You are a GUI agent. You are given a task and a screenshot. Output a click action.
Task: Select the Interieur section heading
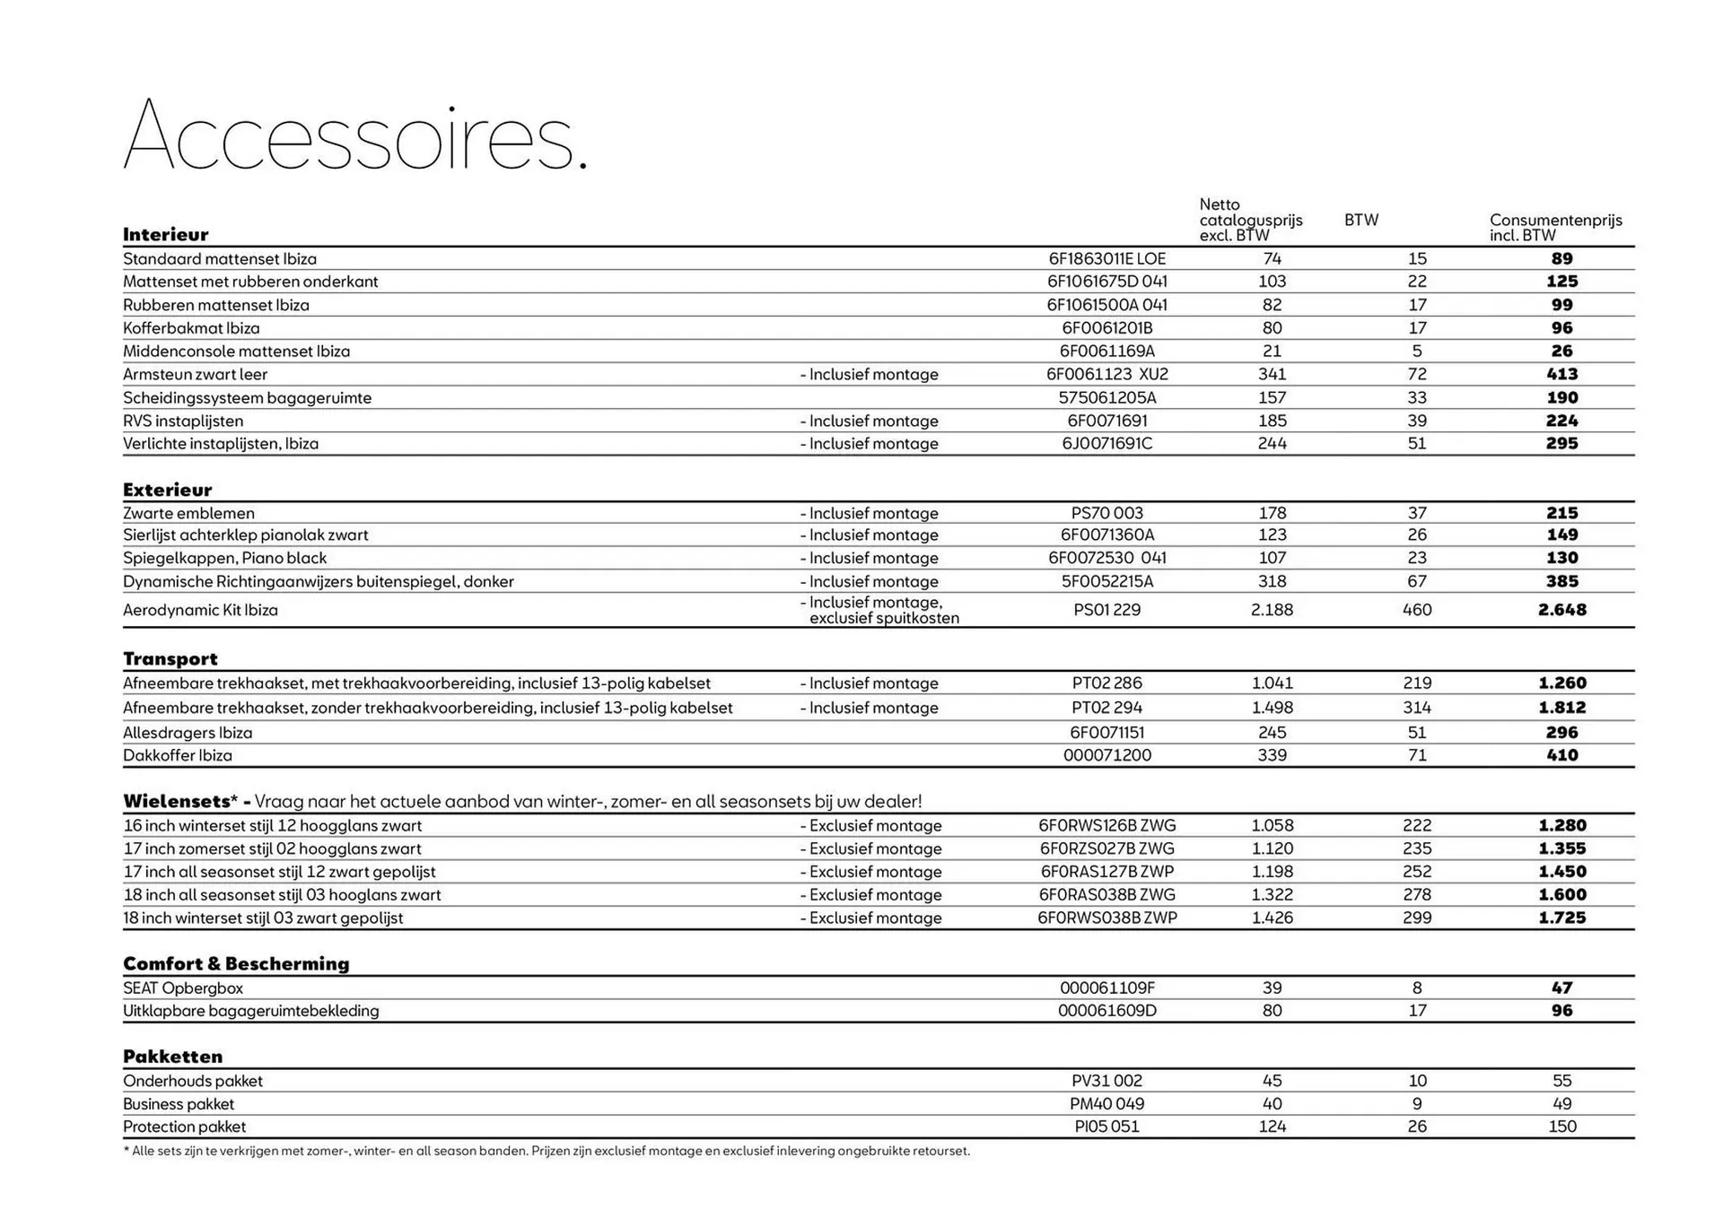166,235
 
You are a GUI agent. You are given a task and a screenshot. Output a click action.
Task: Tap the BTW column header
1360,220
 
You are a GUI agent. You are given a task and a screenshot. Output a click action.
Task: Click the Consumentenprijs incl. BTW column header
1555,227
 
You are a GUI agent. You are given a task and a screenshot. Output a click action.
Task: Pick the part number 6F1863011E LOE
1106,258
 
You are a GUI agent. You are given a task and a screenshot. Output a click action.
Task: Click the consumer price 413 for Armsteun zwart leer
1561,374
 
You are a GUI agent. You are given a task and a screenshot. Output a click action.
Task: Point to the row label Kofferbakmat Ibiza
191,328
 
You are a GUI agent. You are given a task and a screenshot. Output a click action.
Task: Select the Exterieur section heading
168,490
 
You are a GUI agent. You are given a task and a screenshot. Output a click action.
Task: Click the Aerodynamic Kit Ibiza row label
200,610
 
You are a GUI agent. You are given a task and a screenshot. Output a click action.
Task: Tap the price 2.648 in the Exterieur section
1561,610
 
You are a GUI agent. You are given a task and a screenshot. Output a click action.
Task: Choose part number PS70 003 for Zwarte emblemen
1106,513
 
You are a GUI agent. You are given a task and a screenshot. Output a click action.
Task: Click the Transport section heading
171,659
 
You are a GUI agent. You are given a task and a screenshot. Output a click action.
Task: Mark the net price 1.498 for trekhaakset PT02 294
1272,708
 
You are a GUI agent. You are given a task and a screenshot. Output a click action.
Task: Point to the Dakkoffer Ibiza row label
178,755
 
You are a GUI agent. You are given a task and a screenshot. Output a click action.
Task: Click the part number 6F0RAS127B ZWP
1106,872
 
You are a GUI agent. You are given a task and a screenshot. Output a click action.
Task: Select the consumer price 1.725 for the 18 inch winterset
1561,918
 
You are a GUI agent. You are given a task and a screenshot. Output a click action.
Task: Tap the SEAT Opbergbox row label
183,988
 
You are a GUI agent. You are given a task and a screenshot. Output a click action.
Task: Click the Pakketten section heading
173,1057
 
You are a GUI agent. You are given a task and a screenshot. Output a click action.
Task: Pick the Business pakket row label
179,1104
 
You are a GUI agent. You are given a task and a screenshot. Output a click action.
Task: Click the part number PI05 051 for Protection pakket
1106,1127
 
